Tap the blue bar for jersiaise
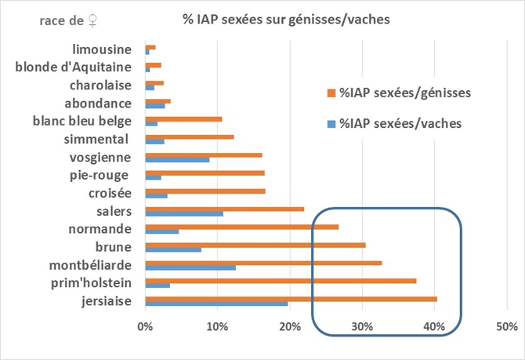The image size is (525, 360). (216, 304)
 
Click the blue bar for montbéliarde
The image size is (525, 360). (190, 267)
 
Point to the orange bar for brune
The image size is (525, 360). (255, 245)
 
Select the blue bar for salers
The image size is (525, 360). (184, 213)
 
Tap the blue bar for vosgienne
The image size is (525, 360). (177, 159)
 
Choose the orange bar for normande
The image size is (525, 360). (241, 227)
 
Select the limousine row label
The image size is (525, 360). (101, 50)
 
